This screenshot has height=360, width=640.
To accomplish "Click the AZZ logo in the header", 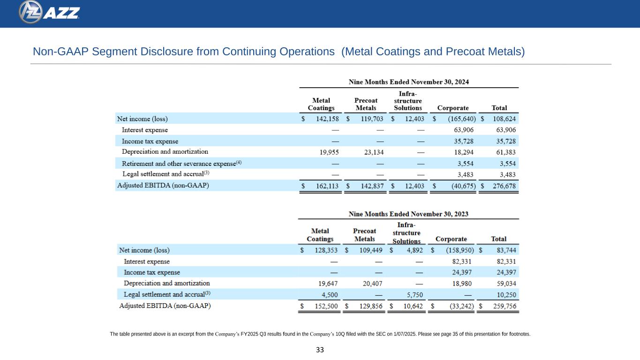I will pyautogui.click(x=49, y=12).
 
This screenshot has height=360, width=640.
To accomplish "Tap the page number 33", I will pyautogui.click(x=320, y=350).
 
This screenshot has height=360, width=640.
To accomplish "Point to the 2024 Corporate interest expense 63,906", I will pyautogui.click(x=461, y=130).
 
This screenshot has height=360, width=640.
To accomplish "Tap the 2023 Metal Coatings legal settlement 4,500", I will pyautogui.click(x=328, y=295).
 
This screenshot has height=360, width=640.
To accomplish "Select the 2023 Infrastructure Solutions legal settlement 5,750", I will pyautogui.click(x=414, y=295).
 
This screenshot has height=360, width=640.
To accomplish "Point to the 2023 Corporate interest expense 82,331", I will pyautogui.click(x=460, y=262).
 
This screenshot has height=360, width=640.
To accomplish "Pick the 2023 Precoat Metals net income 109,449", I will pyautogui.click(x=369, y=250).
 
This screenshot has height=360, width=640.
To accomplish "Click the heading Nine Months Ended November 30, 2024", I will pyautogui.click(x=409, y=82).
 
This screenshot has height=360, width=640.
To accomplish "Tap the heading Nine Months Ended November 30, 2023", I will pyautogui.click(x=408, y=214).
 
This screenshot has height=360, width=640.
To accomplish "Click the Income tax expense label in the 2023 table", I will pyautogui.click(x=152, y=272).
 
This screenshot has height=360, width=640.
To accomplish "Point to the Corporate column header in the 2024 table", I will pyautogui.click(x=452, y=108).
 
